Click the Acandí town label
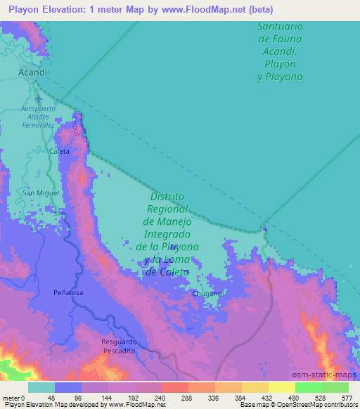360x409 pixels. pyautogui.click(x=33, y=72)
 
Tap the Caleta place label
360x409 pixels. pyautogui.click(x=59, y=151)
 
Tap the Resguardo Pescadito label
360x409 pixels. pyautogui.click(x=109, y=346)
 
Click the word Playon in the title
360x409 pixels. pyautogui.click(x=29, y=10)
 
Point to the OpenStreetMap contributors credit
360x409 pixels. pyautogui.click(x=319, y=404)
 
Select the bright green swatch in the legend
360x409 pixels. pyautogui.click(x=309, y=387)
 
